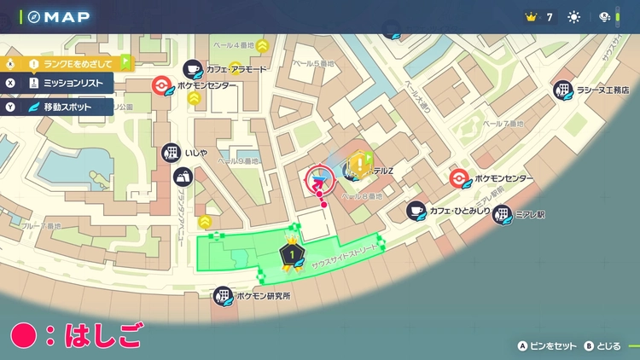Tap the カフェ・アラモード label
pos(236,69)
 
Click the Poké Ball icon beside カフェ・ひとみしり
pos(459,178)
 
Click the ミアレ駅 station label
pos(530,215)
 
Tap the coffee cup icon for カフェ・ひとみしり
pos(416,209)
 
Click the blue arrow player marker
pos(321,178)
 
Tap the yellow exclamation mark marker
pos(364,164)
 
